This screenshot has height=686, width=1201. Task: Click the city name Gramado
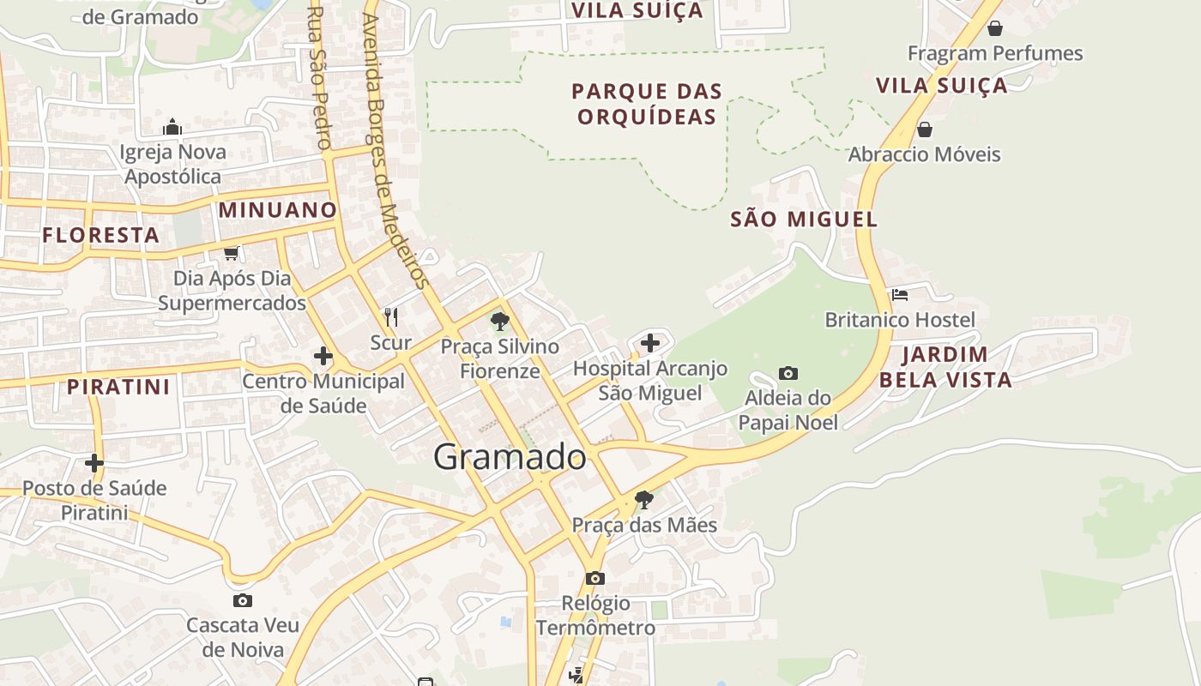510,457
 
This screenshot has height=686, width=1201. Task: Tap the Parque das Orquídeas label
648,104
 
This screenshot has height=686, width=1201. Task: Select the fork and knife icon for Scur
391,317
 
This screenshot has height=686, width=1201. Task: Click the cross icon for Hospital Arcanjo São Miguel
650,343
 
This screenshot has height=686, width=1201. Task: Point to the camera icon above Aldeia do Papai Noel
788,373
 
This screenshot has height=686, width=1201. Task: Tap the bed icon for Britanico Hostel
900,295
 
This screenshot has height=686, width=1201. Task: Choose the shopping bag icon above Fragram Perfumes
995,28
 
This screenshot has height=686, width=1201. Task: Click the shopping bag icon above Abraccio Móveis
924,129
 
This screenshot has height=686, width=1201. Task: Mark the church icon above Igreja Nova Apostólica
172,128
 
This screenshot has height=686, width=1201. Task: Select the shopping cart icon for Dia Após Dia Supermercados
231,253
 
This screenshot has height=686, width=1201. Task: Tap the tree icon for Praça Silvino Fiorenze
499,322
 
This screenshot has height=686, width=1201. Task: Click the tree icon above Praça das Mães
643,499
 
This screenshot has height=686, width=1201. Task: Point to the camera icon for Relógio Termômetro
595,578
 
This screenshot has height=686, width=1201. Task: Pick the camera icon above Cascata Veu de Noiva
243,600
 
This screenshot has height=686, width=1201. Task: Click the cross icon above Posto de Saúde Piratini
94,463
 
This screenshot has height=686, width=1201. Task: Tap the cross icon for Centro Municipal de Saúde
323,355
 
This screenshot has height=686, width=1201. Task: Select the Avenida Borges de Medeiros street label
395,150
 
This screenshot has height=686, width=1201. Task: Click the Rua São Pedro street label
319,77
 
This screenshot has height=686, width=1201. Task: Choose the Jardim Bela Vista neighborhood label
945,367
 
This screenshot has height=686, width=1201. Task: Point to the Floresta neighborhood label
101,235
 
